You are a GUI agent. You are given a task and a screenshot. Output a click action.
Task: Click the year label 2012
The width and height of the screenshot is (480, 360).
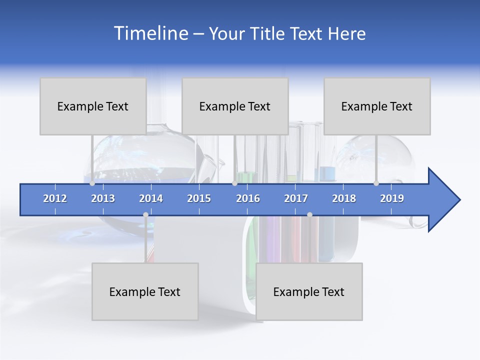tap(55, 198)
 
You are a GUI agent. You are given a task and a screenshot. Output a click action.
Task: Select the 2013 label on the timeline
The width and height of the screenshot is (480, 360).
tap(103, 198)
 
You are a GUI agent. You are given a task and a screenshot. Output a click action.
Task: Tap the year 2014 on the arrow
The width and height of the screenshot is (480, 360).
tap(151, 198)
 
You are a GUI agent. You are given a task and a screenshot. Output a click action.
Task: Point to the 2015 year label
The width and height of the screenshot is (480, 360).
tap(199, 198)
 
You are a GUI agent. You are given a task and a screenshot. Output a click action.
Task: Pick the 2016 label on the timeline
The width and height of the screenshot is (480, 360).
tap(248, 198)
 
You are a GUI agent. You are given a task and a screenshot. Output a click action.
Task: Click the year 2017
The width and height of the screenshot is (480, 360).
tap(296, 198)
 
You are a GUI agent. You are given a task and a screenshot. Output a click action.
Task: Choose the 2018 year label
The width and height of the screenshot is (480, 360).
tap(344, 198)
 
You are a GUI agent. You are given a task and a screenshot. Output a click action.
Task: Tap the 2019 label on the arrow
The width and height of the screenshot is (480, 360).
tap(392, 198)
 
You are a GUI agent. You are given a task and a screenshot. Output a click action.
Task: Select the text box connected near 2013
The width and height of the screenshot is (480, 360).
tap(93, 106)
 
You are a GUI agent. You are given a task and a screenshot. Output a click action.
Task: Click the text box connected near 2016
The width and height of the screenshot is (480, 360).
tap(235, 106)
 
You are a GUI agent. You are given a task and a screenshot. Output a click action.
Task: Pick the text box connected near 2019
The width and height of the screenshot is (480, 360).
tap(377, 106)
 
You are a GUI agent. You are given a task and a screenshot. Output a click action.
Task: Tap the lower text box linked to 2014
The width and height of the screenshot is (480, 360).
tap(145, 291)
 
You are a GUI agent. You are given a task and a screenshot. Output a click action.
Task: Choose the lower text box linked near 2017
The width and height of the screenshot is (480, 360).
tap(309, 291)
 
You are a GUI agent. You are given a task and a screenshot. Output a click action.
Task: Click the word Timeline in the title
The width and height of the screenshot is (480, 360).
tap(150, 33)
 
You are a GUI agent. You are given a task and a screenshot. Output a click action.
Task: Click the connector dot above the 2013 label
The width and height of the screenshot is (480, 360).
tap(92, 183)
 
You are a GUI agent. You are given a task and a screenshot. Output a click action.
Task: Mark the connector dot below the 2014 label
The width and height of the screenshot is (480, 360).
tap(145, 215)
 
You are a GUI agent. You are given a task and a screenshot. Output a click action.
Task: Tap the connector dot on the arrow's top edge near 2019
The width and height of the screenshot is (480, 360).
tap(376, 183)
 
